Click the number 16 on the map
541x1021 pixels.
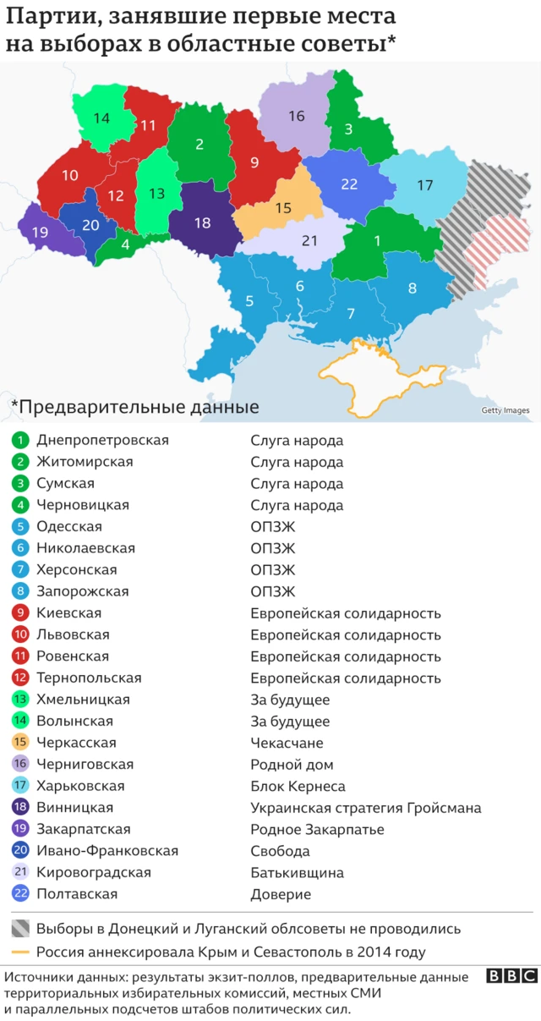click(x=296, y=116)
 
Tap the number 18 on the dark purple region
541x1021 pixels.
click(x=202, y=223)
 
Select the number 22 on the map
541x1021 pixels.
click(x=349, y=184)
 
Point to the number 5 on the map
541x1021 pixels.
click(x=249, y=300)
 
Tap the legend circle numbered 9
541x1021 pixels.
click(x=21, y=613)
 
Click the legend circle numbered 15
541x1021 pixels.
click(x=21, y=743)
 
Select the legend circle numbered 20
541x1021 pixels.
click(x=21, y=851)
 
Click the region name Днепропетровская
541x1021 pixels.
click(x=102, y=440)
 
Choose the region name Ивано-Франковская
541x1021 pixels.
click(x=107, y=851)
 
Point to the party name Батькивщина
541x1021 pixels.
click(x=297, y=873)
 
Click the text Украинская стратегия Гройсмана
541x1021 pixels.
click(x=365, y=808)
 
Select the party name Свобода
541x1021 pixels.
click(x=280, y=851)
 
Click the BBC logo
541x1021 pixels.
click(x=511, y=976)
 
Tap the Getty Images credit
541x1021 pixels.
click(x=505, y=411)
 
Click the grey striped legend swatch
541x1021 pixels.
click(x=21, y=929)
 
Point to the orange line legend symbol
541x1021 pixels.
click(x=21, y=952)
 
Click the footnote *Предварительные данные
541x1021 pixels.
click(x=134, y=407)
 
